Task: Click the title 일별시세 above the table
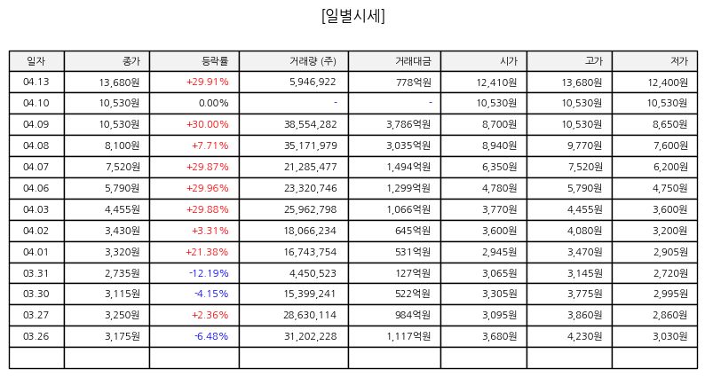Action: pyautogui.click(x=353, y=16)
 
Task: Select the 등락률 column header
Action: pyautogui.click(x=215, y=61)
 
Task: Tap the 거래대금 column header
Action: pyautogui.click(x=413, y=61)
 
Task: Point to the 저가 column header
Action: pyautogui.click(x=679, y=61)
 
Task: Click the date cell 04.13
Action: pyautogui.click(x=36, y=82)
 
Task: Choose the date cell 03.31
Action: pyautogui.click(x=36, y=273)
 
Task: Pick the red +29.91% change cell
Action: pyautogui.click(x=207, y=82)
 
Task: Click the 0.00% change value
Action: pyautogui.click(x=214, y=103)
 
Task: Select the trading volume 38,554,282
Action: pyautogui.click(x=310, y=124)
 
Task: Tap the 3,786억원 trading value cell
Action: pyautogui.click(x=408, y=124)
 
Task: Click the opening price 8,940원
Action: pyautogui.click(x=499, y=145)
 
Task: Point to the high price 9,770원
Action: pyautogui.click(x=584, y=145)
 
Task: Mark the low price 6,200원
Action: pyautogui.click(x=670, y=167)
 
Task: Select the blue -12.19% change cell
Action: pyautogui.click(x=209, y=273)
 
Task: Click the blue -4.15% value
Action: pyautogui.click(x=211, y=294)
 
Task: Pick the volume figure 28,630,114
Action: pyautogui.click(x=310, y=315)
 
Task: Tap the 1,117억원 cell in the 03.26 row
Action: pyautogui.click(x=408, y=336)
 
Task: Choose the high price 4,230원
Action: pyautogui.click(x=584, y=336)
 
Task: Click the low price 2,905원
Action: pyautogui.click(x=670, y=252)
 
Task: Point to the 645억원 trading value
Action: pyautogui.click(x=413, y=231)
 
